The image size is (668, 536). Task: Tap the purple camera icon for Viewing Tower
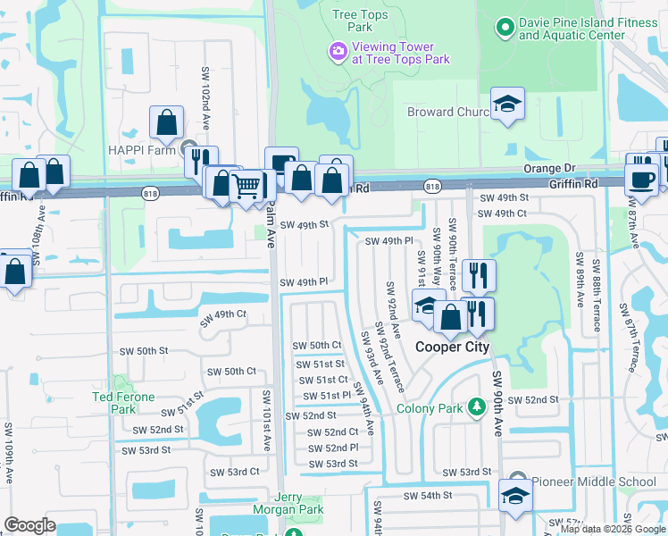point(338,53)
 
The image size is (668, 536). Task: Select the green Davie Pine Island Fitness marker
point(505,28)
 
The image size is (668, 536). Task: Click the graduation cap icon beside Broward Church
point(507,104)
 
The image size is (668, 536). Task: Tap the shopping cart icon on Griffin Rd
point(246,186)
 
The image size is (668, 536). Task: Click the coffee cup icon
point(643,177)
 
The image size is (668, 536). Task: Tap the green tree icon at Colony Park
point(477,408)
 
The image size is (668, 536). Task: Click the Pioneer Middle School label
point(594,482)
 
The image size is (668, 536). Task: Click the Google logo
point(29,524)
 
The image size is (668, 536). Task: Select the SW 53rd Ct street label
point(234,472)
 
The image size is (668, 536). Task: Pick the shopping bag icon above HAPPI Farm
point(167,122)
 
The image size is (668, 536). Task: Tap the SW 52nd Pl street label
point(332,448)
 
